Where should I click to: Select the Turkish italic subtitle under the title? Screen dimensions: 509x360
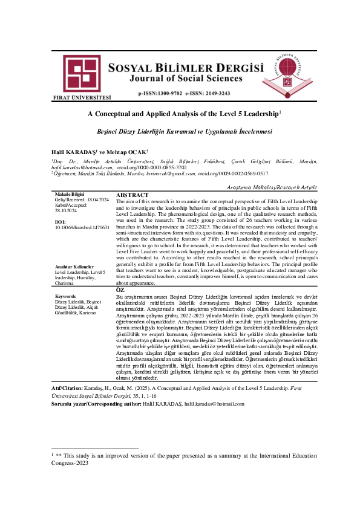tap(180, 131)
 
